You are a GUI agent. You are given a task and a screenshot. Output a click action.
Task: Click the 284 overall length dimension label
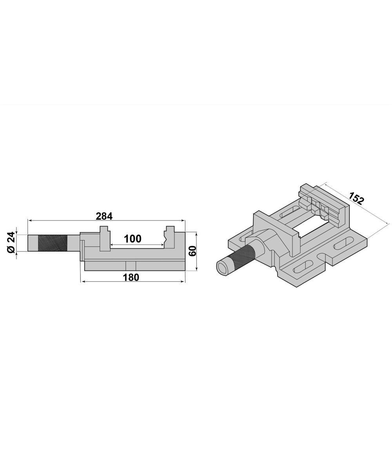pyautogui.click(x=104, y=216)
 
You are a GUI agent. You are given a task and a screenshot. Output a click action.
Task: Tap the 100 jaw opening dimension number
pyautogui.click(x=133, y=239)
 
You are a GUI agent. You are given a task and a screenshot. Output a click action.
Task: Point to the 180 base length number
pyautogui.click(x=131, y=277)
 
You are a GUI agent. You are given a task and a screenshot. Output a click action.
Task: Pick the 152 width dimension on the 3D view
pyautogui.click(x=356, y=198)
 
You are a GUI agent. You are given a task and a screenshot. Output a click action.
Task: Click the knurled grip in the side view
pyautogui.click(x=53, y=243)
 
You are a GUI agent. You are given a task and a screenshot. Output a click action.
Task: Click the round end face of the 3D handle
pyautogui.click(x=223, y=268)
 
